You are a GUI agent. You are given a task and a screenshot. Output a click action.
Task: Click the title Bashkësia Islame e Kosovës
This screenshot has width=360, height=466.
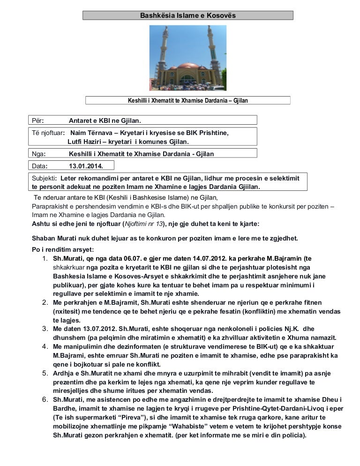[x=188, y=15]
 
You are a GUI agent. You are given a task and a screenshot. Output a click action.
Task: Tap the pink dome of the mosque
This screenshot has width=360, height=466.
[x=187, y=67]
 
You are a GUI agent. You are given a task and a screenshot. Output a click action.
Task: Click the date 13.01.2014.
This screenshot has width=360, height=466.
[x=84, y=166]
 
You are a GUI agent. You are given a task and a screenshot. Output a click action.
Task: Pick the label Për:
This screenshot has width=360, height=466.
[x=38, y=121]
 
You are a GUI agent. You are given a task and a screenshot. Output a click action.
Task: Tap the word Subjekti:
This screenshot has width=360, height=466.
[x=45, y=179]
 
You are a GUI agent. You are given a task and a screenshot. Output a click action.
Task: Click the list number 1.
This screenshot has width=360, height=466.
[x=44, y=258]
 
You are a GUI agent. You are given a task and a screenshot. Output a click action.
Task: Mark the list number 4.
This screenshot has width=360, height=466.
[x=44, y=346]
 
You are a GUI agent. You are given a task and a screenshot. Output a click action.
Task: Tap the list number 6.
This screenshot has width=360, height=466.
[x=44, y=400]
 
